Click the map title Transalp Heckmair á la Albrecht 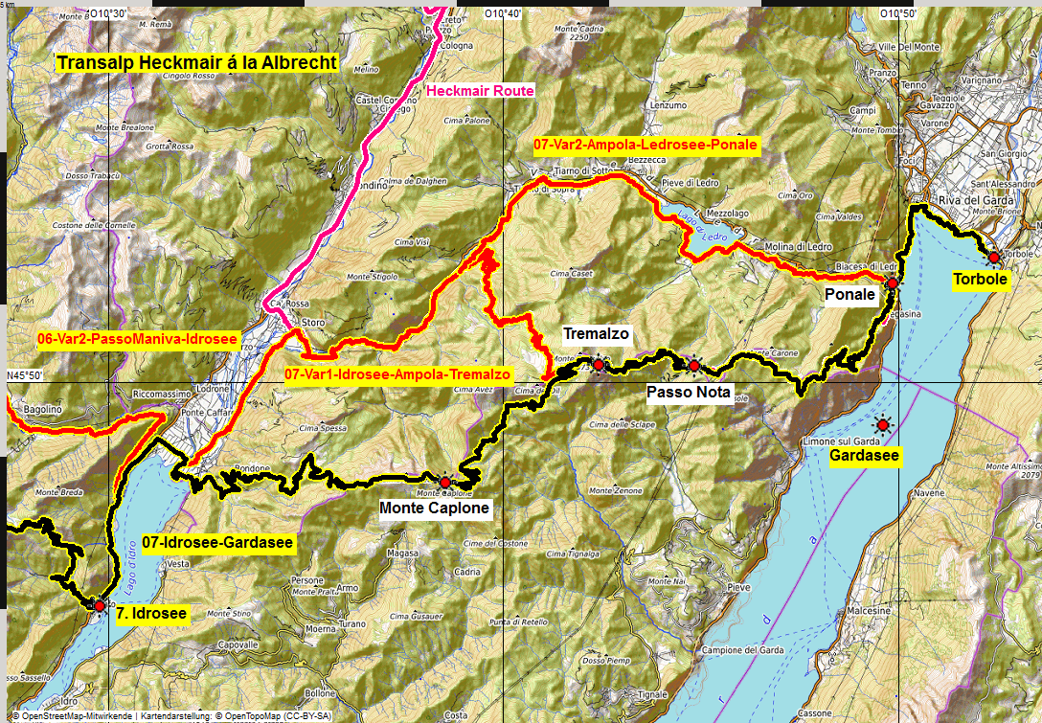point(196,64)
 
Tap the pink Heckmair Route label point(480,91)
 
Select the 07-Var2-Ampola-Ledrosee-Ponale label point(646,146)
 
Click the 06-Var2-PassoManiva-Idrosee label point(124,339)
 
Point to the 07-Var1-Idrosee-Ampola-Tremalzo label point(397,374)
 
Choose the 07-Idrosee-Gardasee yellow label point(217,543)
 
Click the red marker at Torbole point(994,257)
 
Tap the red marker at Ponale point(892,283)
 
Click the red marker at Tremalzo point(599,365)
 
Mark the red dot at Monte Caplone point(444,482)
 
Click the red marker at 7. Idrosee point(99,605)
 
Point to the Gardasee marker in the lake point(882,424)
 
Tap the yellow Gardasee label point(864,456)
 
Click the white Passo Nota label point(689,393)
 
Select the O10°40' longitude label point(503,13)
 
